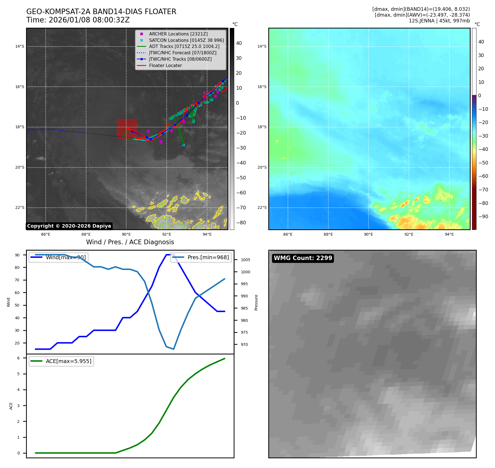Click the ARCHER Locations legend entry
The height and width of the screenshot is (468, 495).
pos(178,34)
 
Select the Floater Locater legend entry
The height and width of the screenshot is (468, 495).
pos(165,66)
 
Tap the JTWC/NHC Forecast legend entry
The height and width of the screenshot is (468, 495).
pos(182,53)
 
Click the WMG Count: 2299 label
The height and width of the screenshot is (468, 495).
pos(303,258)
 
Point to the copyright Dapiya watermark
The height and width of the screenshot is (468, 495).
pos(69,226)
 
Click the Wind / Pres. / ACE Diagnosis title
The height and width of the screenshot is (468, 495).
pos(130,242)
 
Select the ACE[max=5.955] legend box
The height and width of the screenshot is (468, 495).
pos(61,361)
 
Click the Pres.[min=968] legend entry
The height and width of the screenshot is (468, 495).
pos(201,257)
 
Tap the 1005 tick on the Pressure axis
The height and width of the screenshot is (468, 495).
pos(245,260)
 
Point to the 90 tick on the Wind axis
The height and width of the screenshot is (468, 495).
pos(17,255)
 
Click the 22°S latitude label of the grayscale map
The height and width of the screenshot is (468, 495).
pos(20,208)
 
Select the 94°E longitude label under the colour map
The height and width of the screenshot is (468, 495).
pos(449,235)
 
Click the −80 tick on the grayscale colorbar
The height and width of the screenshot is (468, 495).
pos(241,223)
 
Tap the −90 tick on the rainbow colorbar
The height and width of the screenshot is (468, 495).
pos(483,217)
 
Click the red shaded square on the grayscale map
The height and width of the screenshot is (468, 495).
pos(127,128)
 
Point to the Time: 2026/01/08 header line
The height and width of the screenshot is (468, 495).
pos(78,20)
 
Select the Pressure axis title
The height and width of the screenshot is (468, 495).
pos(256,302)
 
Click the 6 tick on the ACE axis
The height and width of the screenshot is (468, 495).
pos(18,358)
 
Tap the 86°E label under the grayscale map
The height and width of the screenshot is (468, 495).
pos(46,235)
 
